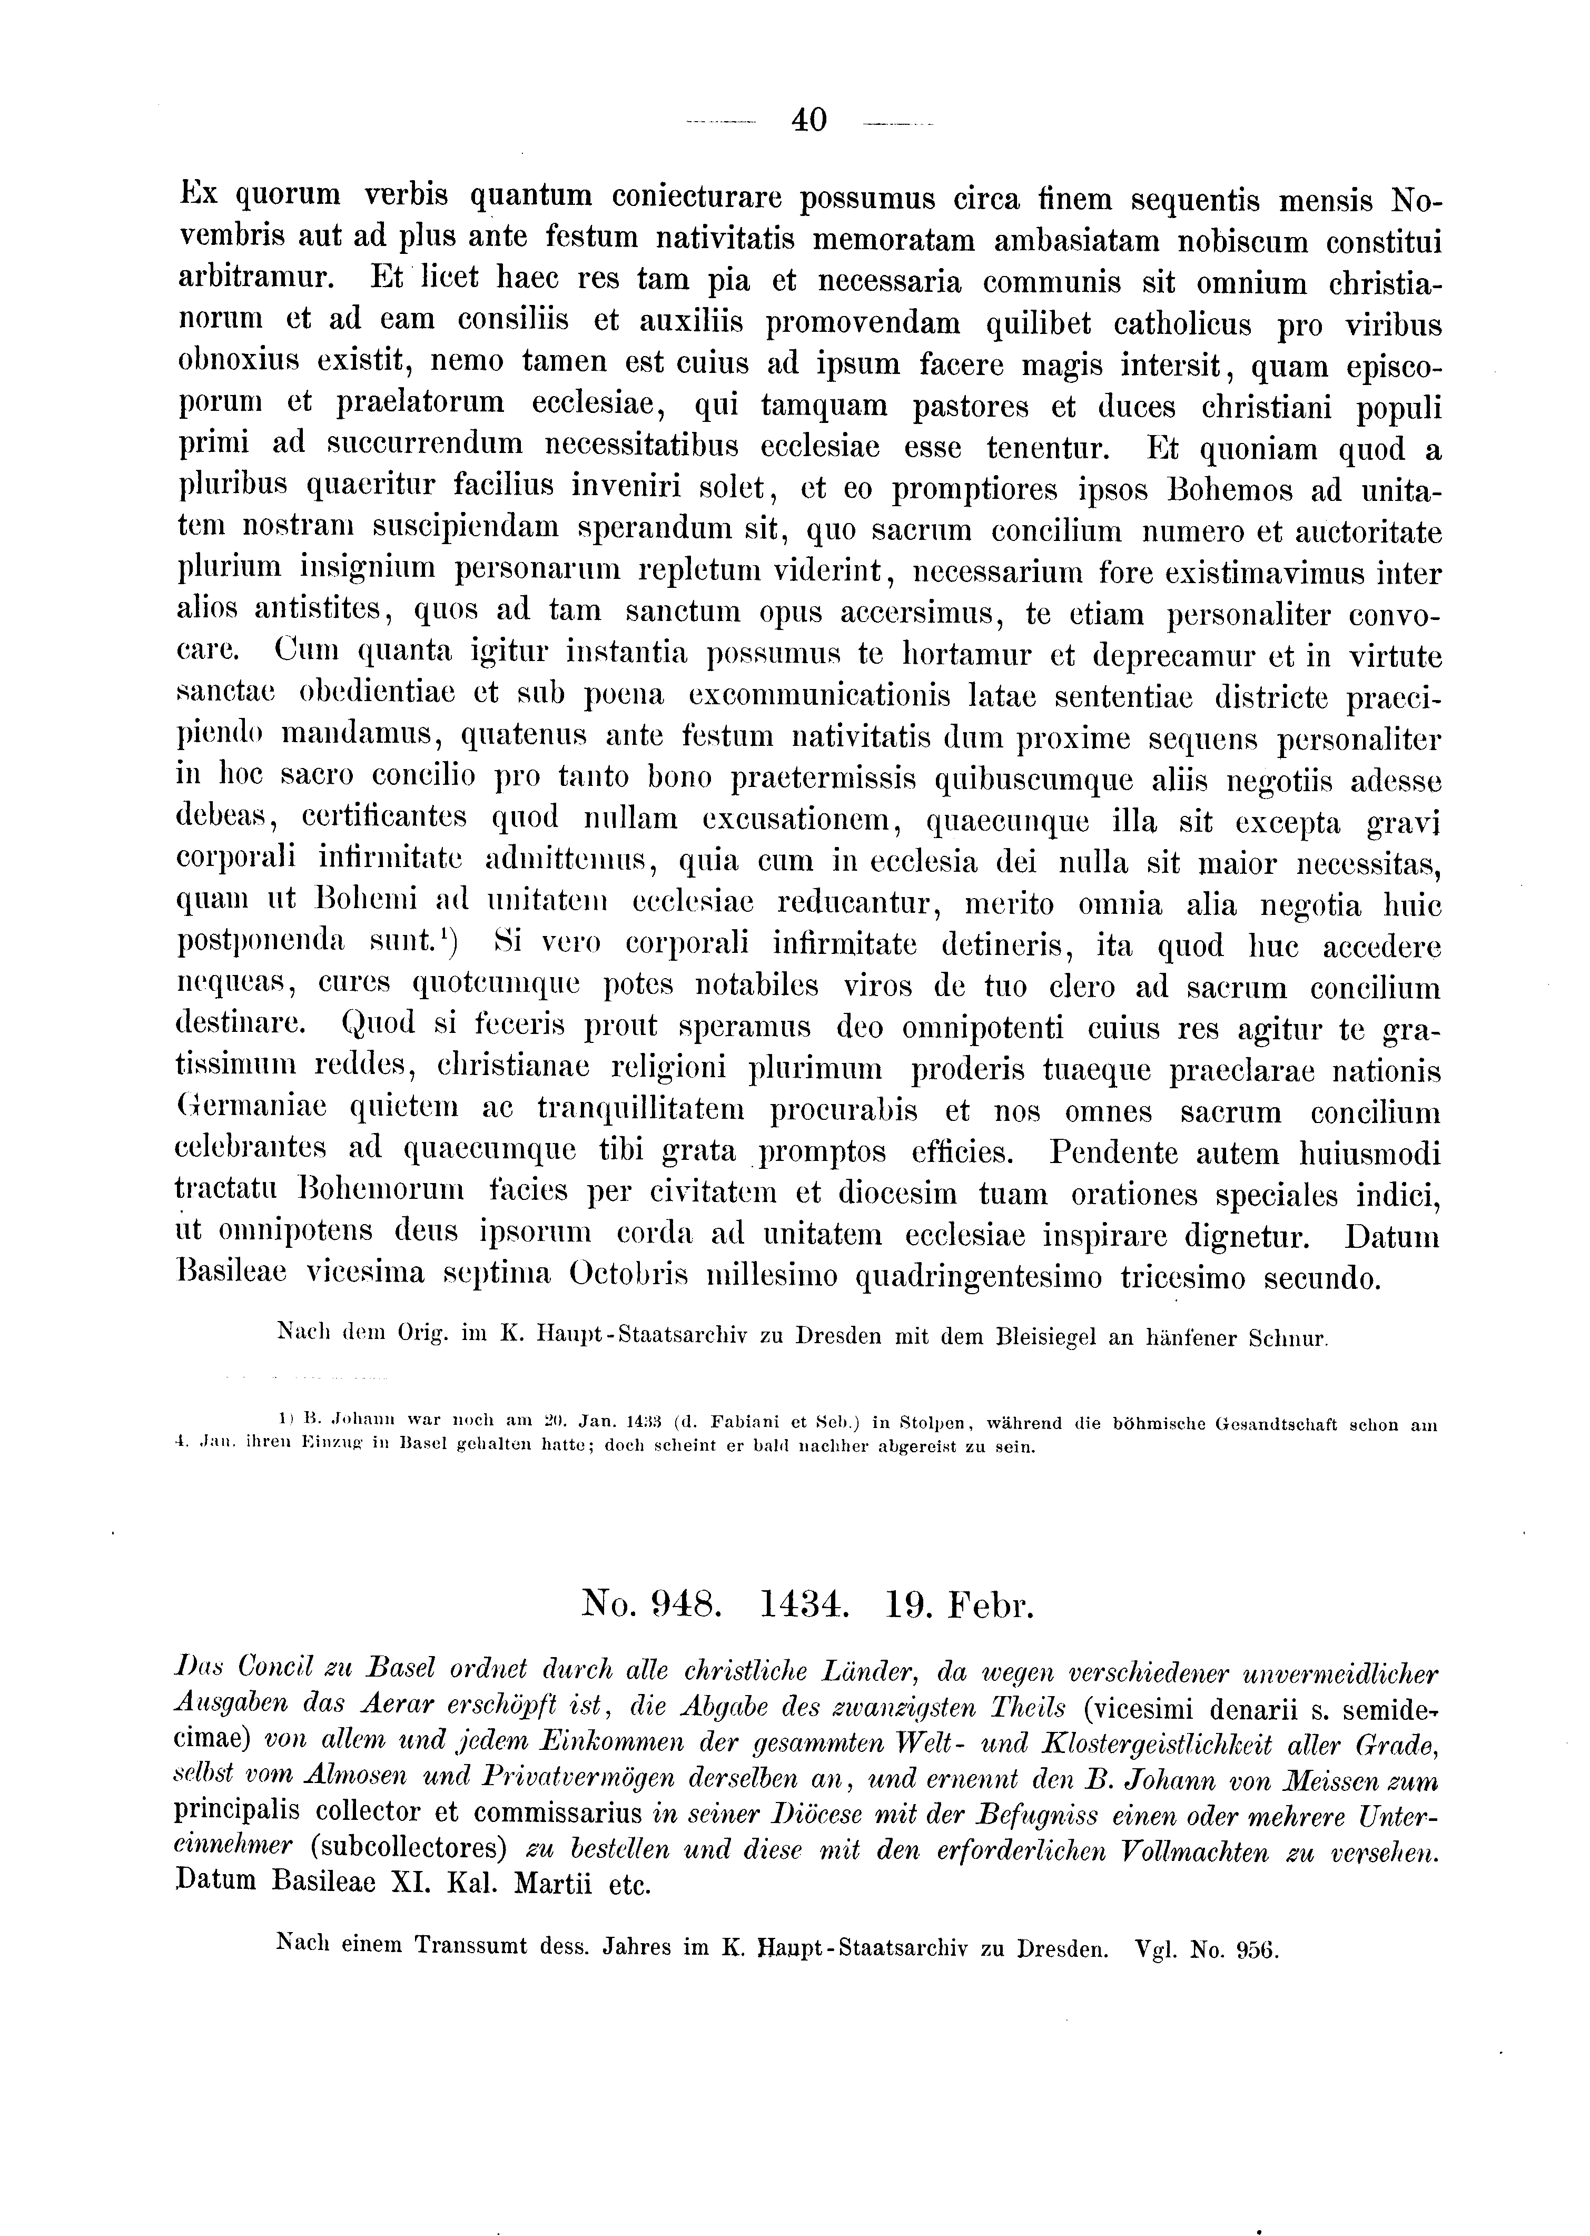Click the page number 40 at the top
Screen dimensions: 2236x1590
809,121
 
